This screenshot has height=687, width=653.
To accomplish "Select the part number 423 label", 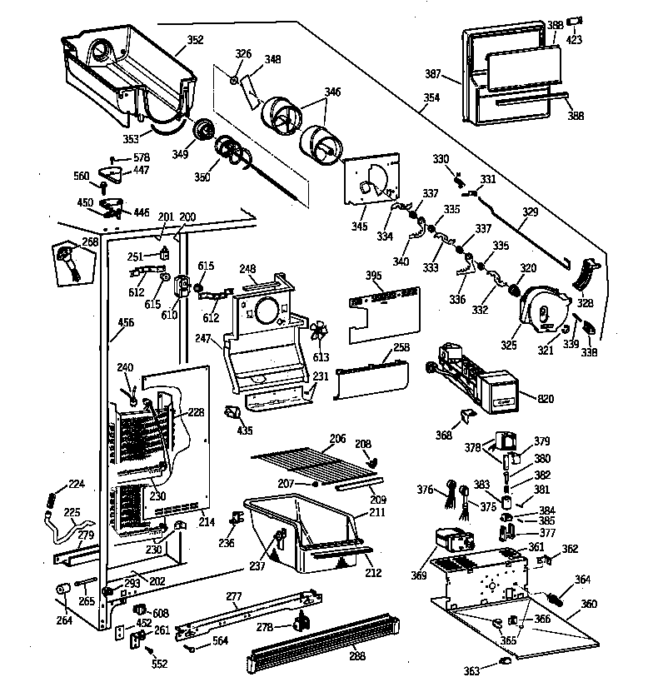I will tap(575, 39).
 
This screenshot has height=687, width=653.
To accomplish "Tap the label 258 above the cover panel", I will tap(402, 347).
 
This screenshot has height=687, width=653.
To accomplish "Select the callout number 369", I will tap(418, 575).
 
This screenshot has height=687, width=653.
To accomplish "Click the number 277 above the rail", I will tap(234, 596).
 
